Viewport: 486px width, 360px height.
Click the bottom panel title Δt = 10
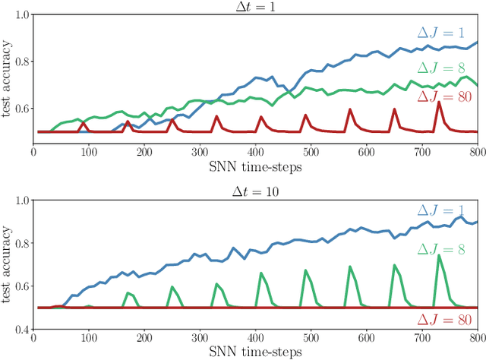pos(255,191)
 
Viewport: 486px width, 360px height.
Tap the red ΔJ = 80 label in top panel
pos(446,97)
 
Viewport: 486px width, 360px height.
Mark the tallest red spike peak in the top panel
pos(438,102)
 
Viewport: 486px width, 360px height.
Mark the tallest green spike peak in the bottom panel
pos(438,255)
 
